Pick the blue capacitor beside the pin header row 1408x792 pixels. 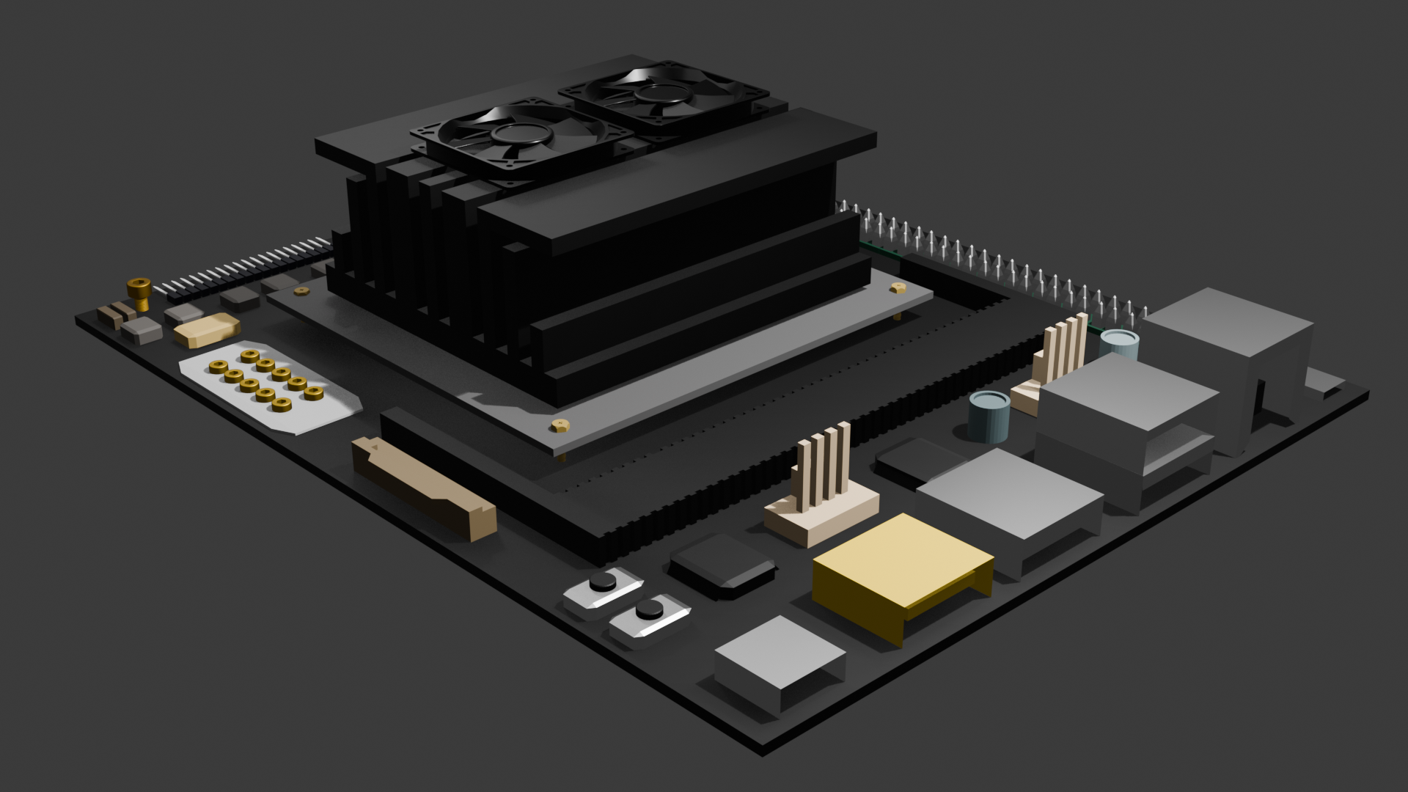[x=1119, y=345]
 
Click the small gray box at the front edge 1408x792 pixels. [x=779, y=661]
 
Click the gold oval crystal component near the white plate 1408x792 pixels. [x=208, y=329]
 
